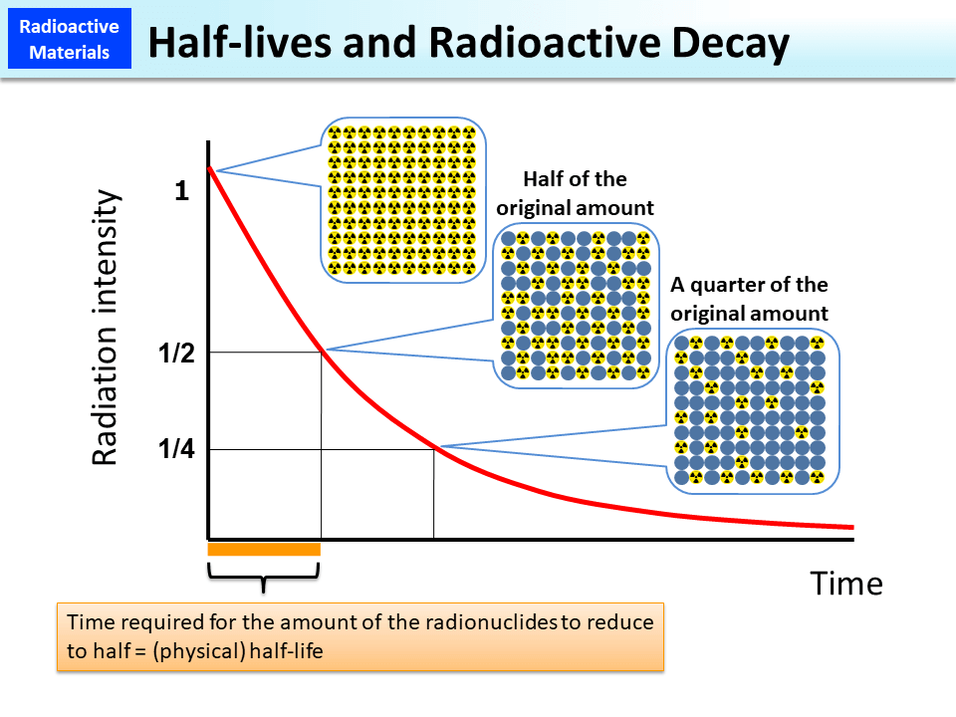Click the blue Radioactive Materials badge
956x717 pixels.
[70, 40]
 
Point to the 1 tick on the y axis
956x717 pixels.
[181, 191]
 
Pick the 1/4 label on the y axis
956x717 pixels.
[177, 449]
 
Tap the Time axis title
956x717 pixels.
[845, 583]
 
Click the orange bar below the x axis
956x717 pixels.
[264, 549]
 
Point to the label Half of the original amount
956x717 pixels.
[575, 193]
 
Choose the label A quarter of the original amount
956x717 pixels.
[749, 299]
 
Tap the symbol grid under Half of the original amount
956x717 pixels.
[576, 306]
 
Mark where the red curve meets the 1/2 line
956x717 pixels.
[321, 352]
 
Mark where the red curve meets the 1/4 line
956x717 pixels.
[434, 449]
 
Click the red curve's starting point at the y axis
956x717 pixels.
[209, 169]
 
